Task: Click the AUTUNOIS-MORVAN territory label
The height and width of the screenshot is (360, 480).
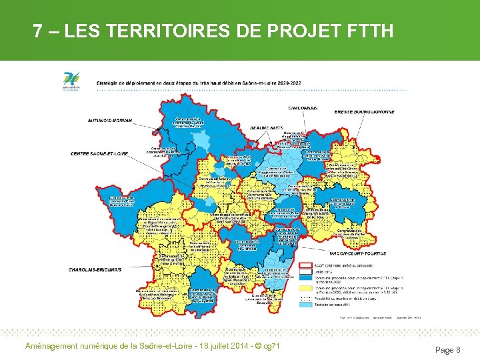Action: (x=110, y=121)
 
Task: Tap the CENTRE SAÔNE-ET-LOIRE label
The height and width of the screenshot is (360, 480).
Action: (x=100, y=153)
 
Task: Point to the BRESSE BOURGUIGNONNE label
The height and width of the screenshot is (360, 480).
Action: (x=364, y=111)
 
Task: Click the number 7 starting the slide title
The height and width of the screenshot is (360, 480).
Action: (x=39, y=31)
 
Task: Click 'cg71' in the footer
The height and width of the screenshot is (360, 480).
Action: (x=271, y=345)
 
